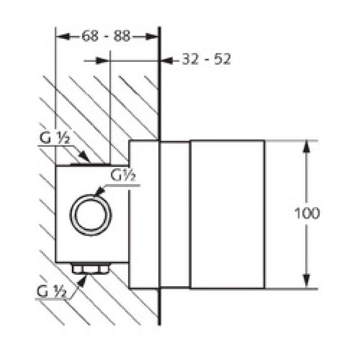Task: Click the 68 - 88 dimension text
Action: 106,36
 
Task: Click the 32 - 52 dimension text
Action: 206,59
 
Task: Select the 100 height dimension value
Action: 307,213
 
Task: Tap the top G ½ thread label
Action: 54,138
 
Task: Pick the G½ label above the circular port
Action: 123,175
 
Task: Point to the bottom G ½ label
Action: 52,292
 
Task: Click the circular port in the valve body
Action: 91,215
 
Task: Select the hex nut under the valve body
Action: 91,268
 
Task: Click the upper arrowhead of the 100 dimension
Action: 306,147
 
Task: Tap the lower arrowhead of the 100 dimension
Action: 306,281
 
